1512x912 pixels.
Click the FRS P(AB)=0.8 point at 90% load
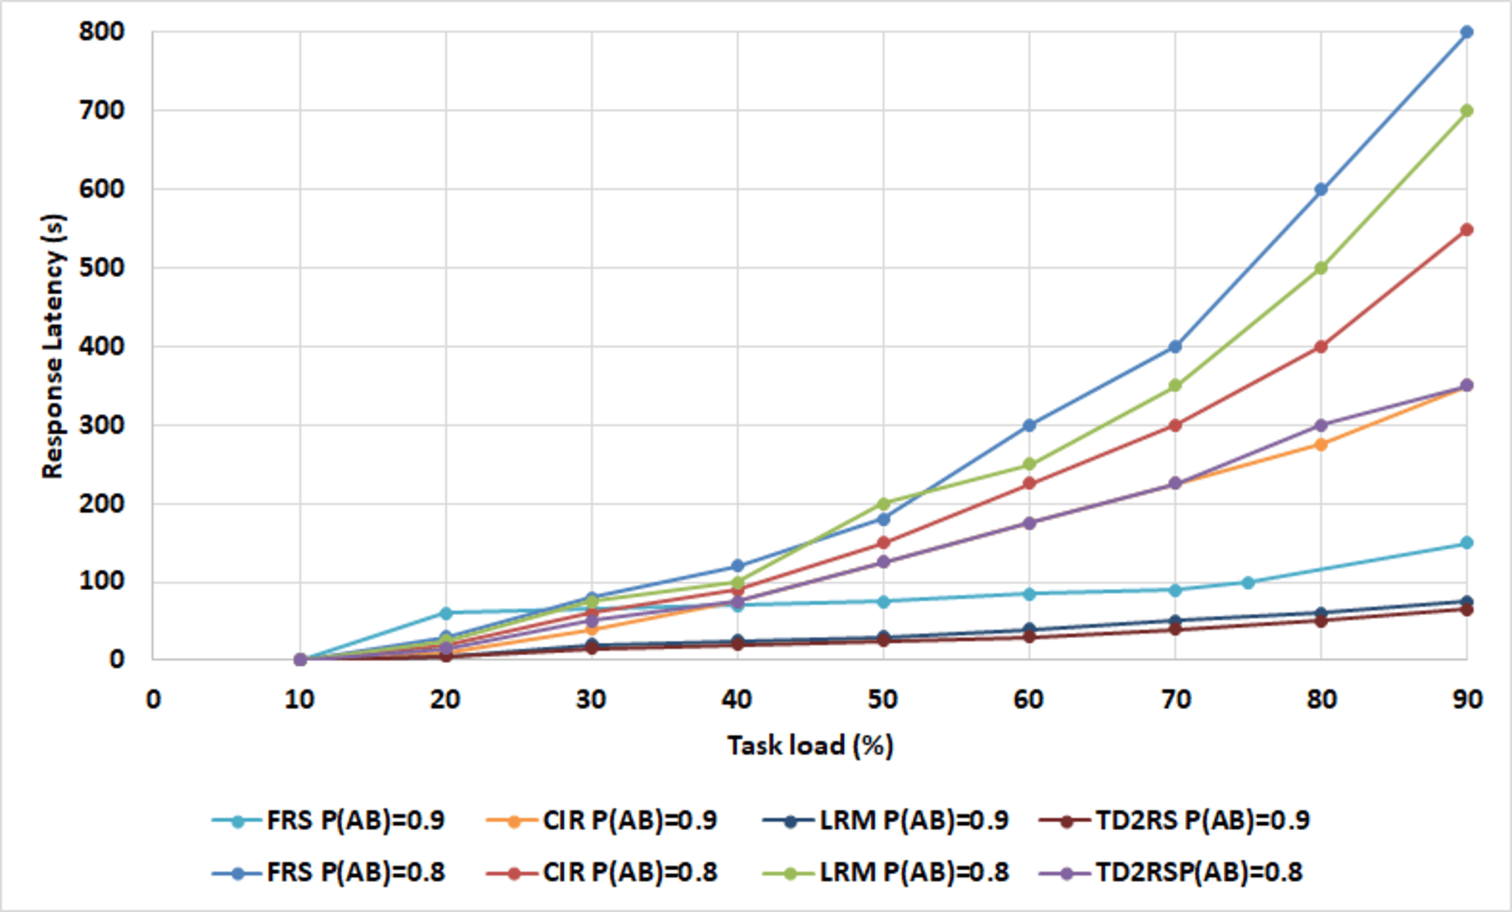(1466, 32)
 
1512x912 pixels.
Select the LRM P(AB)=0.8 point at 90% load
(1466, 111)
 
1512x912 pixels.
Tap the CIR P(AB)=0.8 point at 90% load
(1466, 230)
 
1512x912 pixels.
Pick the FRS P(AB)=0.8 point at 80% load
(1321, 189)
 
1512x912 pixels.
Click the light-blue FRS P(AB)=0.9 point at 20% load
(446, 613)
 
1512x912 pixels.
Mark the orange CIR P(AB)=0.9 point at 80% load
(1321, 444)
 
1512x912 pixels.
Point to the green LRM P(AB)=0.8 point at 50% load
(884, 504)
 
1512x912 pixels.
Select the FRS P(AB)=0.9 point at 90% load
(1466, 542)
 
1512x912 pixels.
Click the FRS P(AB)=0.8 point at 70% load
(1175, 346)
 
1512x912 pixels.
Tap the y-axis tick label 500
(101, 268)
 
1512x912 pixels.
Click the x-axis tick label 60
(1029, 700)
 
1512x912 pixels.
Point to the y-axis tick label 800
(101, 32)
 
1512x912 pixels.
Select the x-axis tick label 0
(153, 700)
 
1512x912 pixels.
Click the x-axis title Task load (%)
(810, 745)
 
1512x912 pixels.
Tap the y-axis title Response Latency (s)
(53, 346)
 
